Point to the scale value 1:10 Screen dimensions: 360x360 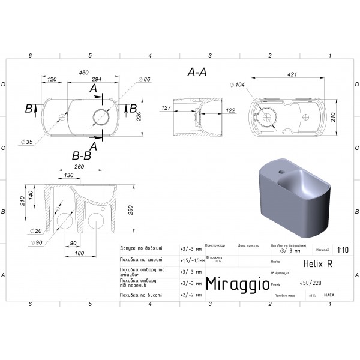point(342,251)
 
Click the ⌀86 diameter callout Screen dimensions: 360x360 point(145,80)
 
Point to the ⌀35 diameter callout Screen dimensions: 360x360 point(26,142)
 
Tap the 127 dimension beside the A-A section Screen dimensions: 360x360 point(166,109)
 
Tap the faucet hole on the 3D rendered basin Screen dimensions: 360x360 point(282,172)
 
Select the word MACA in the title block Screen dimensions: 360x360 point(329,295)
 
